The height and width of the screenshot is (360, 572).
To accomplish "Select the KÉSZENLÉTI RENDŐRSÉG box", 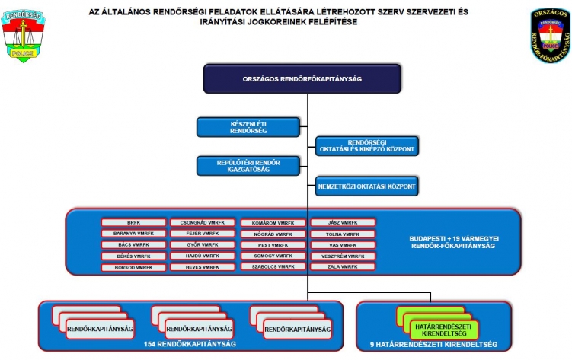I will point(232,127).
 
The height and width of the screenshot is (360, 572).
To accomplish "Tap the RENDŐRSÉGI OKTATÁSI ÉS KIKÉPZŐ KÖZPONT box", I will point(367,146).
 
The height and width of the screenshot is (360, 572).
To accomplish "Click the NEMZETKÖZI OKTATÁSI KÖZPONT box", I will point(367,185).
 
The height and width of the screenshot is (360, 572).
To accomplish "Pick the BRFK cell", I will point(133,223).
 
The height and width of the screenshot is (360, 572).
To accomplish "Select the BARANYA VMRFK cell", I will point(133,234).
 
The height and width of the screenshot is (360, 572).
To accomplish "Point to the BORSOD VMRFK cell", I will point(133,268).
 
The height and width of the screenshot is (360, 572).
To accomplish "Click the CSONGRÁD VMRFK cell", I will point(203,223).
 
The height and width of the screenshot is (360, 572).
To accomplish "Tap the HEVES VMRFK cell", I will point(203,268).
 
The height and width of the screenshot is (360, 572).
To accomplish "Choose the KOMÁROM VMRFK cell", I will point(273,223).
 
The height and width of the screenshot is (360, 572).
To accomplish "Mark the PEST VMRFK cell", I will point(273,245).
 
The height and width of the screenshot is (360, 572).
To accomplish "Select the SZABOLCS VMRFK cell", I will point(273,268).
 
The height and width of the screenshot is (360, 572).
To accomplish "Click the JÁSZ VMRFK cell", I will point(343,223).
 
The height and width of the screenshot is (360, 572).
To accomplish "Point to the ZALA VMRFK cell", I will point(343,268).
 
